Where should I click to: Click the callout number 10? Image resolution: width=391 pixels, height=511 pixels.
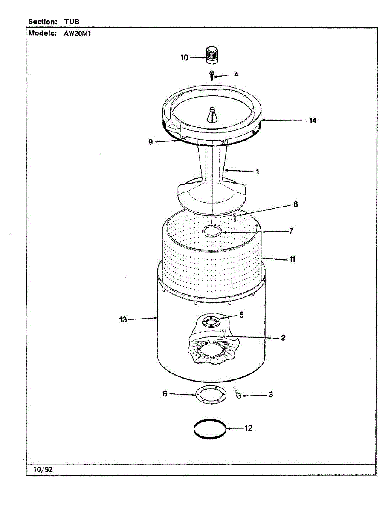click(x=184, y=57)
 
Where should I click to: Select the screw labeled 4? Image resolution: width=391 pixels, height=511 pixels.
click(x=211, y=75)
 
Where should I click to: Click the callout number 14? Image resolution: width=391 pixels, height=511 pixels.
click(x=313, y=121)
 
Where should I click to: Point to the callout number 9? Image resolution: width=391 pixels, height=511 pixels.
click(x=151, y=142)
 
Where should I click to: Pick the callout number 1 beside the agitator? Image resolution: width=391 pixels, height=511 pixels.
click(x=258, y=172)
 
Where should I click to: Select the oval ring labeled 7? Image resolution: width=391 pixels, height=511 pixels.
click(x=212, y=231)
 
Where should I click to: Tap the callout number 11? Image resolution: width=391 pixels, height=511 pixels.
click(x=292, y=259)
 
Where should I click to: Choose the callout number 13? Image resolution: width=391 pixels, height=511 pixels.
click(x=123, y=319)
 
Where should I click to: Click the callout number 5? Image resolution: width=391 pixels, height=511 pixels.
click(x=241, y=315)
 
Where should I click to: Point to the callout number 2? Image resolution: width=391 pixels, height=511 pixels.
click(x=283, y=338)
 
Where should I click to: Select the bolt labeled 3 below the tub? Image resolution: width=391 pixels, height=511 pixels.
click(x=239, y=396)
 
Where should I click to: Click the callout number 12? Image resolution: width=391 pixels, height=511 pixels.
click(x=249, y=428)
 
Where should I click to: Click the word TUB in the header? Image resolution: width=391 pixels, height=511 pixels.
click(x=72, y=21)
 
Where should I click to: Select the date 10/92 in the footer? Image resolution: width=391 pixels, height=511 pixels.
click(x=43, y=469)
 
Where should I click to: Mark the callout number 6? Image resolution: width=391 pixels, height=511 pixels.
click(x=165, y=394)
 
